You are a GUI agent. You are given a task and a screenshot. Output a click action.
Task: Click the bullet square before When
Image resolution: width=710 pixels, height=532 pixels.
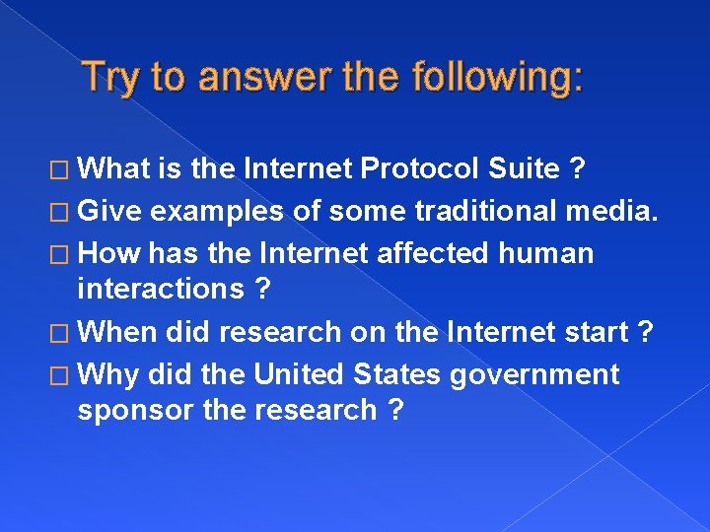tap(62, 333)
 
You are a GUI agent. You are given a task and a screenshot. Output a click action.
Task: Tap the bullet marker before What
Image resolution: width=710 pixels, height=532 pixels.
tap(62, 170)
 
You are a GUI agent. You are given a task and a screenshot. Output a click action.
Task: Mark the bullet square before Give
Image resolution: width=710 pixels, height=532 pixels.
tap(62, 212)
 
